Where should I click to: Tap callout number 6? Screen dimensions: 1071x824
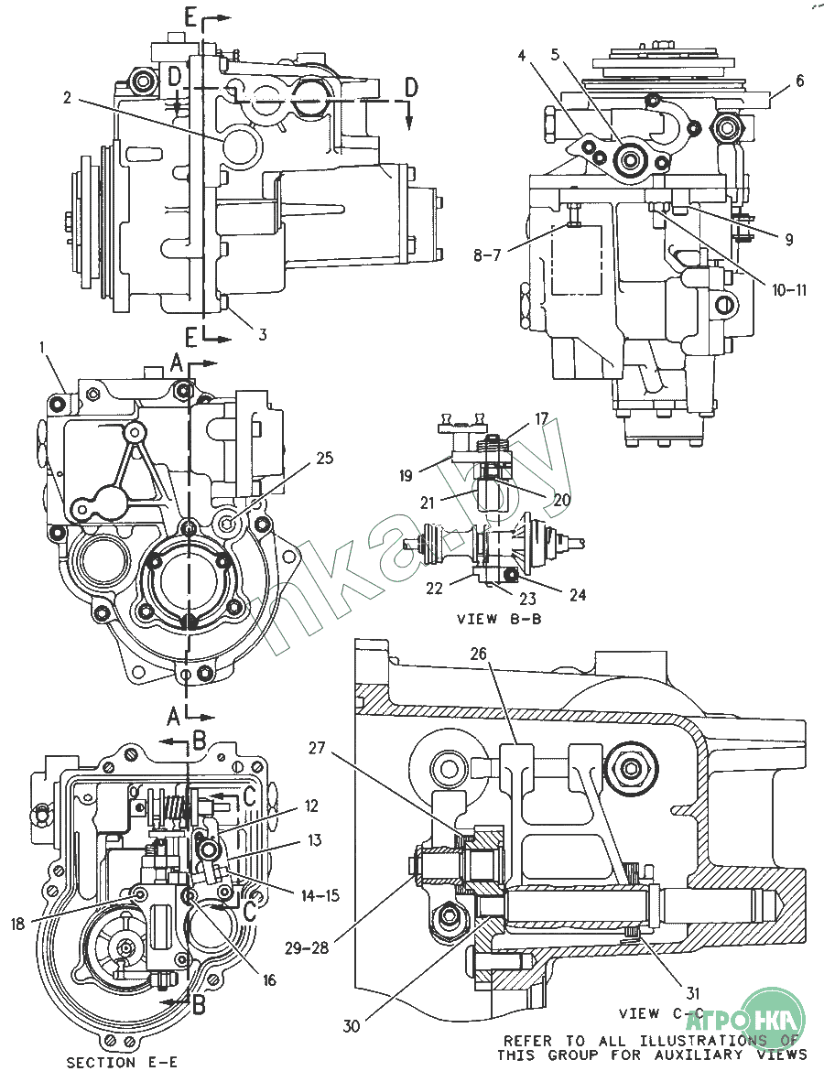(799, 81)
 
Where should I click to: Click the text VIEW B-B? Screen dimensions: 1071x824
(499, 619)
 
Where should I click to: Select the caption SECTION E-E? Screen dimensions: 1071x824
(122, 1062)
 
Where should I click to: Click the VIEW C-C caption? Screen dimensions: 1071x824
(660, 1013)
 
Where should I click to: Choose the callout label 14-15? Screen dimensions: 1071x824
(320, 895)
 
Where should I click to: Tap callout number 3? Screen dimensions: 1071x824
(262, 335)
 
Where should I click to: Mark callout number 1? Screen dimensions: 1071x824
(42, 348)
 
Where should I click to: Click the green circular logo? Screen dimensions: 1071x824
(774, 1018)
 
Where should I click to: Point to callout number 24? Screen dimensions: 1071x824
(577, 595)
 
